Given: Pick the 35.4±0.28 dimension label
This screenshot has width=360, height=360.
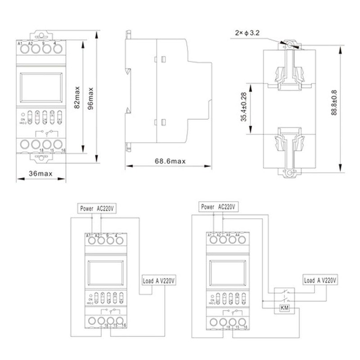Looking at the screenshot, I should tap(243, 107).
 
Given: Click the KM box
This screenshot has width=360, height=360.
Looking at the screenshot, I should tap(284, 308).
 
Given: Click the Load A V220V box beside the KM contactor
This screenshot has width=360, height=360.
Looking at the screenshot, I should tap(320, 280).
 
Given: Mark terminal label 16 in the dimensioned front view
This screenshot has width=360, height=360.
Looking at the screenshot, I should tap(63, 150).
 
